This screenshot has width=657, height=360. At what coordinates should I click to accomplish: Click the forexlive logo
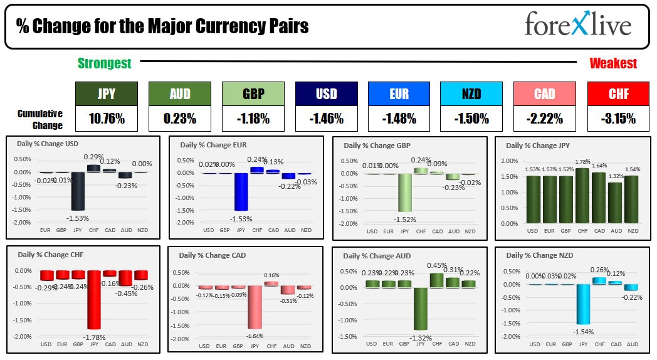(577, 26)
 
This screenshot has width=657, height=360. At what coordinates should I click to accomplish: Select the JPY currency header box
(106, 93)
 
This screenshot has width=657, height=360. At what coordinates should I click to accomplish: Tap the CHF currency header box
(618, 93)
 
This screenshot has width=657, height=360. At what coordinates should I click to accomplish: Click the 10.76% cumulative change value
(106, 118)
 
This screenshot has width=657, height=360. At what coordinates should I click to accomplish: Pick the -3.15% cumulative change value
(618, 118)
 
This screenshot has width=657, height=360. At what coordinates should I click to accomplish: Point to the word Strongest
(104, 63)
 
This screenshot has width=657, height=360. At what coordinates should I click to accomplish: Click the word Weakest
(612, 63)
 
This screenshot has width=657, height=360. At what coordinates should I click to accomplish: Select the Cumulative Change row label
(40, 119)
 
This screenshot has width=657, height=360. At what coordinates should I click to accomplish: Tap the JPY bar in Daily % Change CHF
(95, 299)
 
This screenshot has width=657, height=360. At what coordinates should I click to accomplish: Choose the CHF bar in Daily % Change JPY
(582, 195)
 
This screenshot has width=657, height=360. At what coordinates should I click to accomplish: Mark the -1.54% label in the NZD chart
(584, 331)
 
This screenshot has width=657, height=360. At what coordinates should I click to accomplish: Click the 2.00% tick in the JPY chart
(513, 161)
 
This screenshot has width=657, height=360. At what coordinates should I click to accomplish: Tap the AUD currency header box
(179, 93)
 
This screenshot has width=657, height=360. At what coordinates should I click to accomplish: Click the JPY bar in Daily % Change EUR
(241, 192)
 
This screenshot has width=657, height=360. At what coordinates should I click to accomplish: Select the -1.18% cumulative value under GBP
(253, 118)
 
